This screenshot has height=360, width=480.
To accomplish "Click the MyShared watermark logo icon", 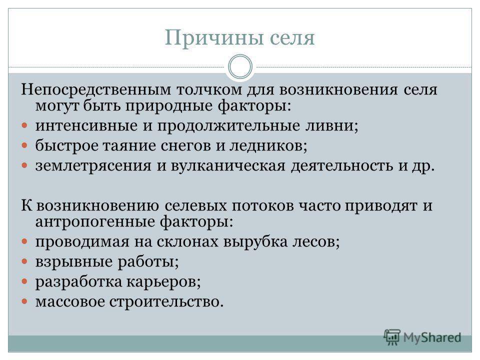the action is pos(392,337).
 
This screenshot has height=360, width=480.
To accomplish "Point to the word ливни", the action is pos(332,126).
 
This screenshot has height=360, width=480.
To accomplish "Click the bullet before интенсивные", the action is pos(24,125).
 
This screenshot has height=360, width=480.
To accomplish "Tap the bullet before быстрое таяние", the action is pos(24,145).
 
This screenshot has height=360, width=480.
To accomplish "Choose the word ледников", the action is pos(268,145).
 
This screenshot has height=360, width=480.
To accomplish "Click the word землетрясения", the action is pos(93,165).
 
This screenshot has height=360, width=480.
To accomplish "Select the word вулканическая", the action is pos(228,165).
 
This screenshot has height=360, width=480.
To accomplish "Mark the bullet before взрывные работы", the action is pos(24,261).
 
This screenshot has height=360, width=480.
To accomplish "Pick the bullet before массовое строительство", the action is pos(24,301).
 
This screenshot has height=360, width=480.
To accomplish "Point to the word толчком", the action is pos(209,89).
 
